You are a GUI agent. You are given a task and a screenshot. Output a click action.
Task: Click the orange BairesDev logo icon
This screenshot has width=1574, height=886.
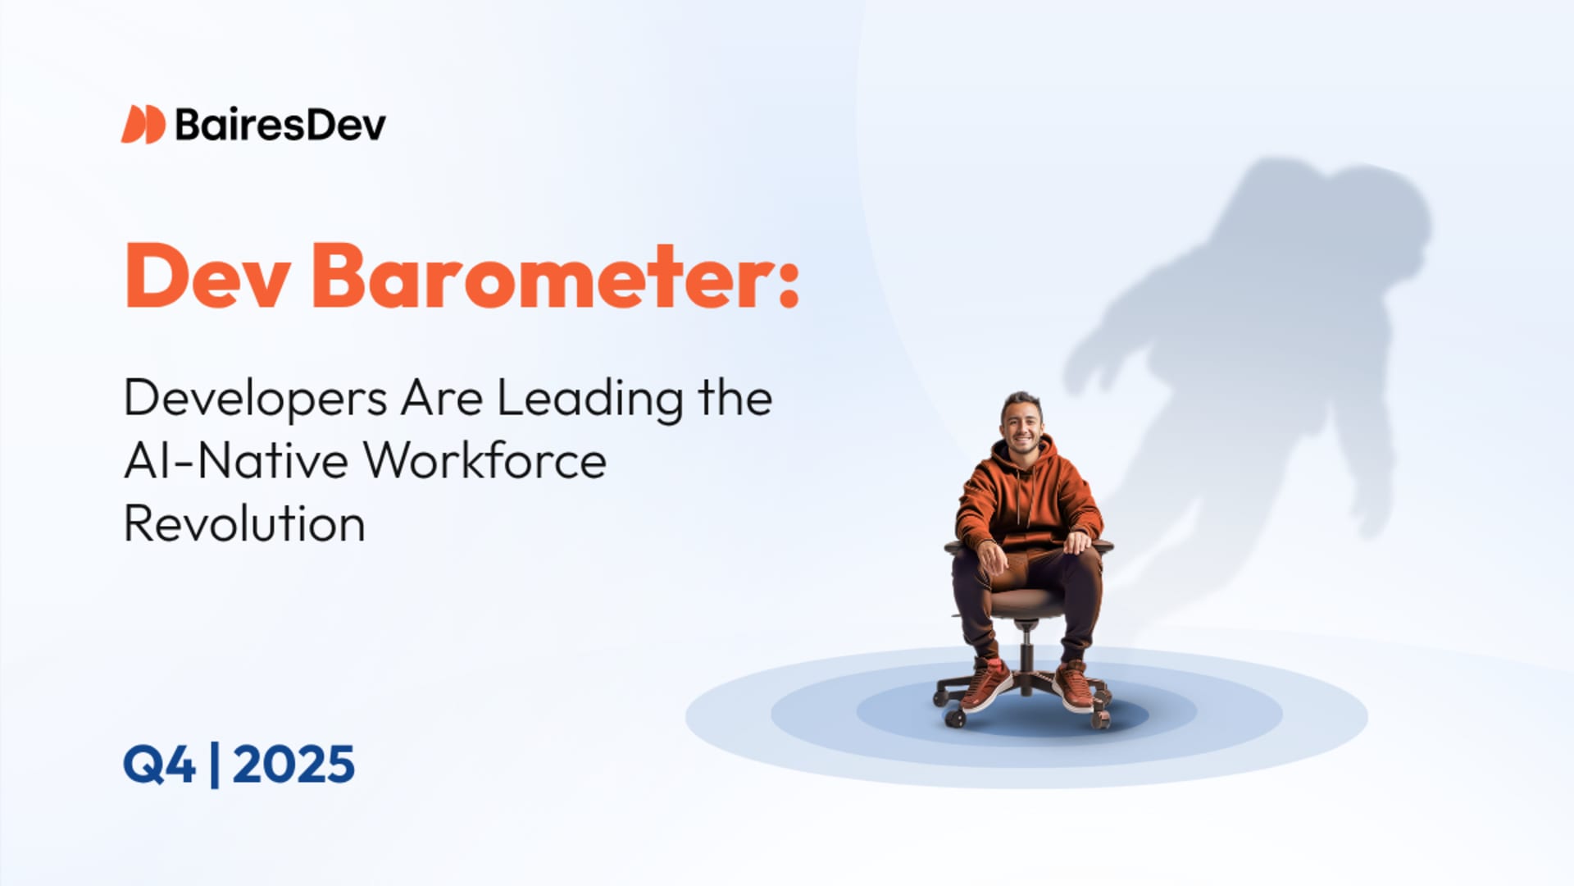pyautogui.click(x=143, y=125)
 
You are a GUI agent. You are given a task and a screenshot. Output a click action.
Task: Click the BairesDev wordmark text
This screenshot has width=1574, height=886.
pyautogui.click(x=280, y=125)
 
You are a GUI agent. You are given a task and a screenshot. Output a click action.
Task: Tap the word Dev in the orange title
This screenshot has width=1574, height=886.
pyautogui.click(x=207, y=276)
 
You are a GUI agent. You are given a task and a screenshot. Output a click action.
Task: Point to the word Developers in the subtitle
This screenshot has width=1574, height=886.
pyautogui.click(x=255, y=399)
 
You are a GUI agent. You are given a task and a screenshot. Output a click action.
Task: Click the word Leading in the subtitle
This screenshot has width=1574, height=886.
pyautogui.click(x=589, y=399)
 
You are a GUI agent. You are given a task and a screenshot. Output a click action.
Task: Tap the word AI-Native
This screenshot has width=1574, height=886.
pyautogui.click(x=236, y=461)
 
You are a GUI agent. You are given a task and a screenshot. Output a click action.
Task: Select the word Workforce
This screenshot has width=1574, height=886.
pyautogui.click(x=485, y=461)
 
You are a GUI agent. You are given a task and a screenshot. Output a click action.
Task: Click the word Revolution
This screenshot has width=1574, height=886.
pyautogui.click(x=244, y=524)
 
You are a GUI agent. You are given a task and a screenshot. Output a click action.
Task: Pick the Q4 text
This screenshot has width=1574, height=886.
pyautogui.click(x=160, y=765)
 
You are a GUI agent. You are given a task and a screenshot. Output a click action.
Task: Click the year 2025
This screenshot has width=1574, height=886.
pyautogui.click(x=293, y=765)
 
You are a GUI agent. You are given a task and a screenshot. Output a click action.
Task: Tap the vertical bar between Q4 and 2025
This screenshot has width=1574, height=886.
pyautogui.click(x=215, y=765)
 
